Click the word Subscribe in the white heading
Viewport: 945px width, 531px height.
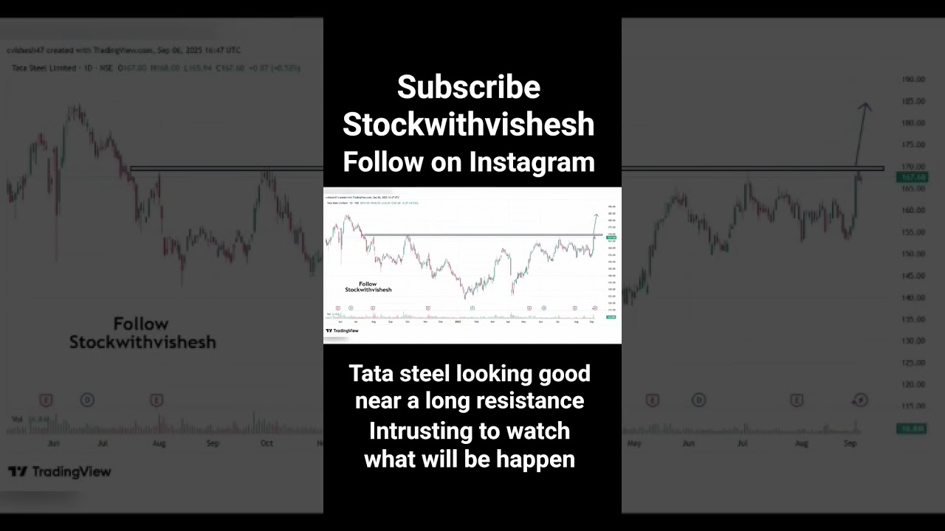469,88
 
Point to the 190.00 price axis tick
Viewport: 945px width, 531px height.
914,79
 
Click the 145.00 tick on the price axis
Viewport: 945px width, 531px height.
914,276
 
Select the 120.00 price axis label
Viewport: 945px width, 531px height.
914,384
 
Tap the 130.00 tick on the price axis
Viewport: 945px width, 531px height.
914,341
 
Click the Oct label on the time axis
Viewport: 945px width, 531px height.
267,443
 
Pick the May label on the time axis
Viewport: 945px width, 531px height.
633,443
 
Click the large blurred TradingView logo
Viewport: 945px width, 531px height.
60,472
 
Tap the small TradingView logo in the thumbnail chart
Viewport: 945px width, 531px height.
342,330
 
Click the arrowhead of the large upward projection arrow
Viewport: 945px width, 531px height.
864,107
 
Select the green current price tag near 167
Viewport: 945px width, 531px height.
911,177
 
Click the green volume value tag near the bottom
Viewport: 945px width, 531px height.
911,428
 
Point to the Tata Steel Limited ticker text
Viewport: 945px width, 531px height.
44,68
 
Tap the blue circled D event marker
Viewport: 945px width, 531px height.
87,400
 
